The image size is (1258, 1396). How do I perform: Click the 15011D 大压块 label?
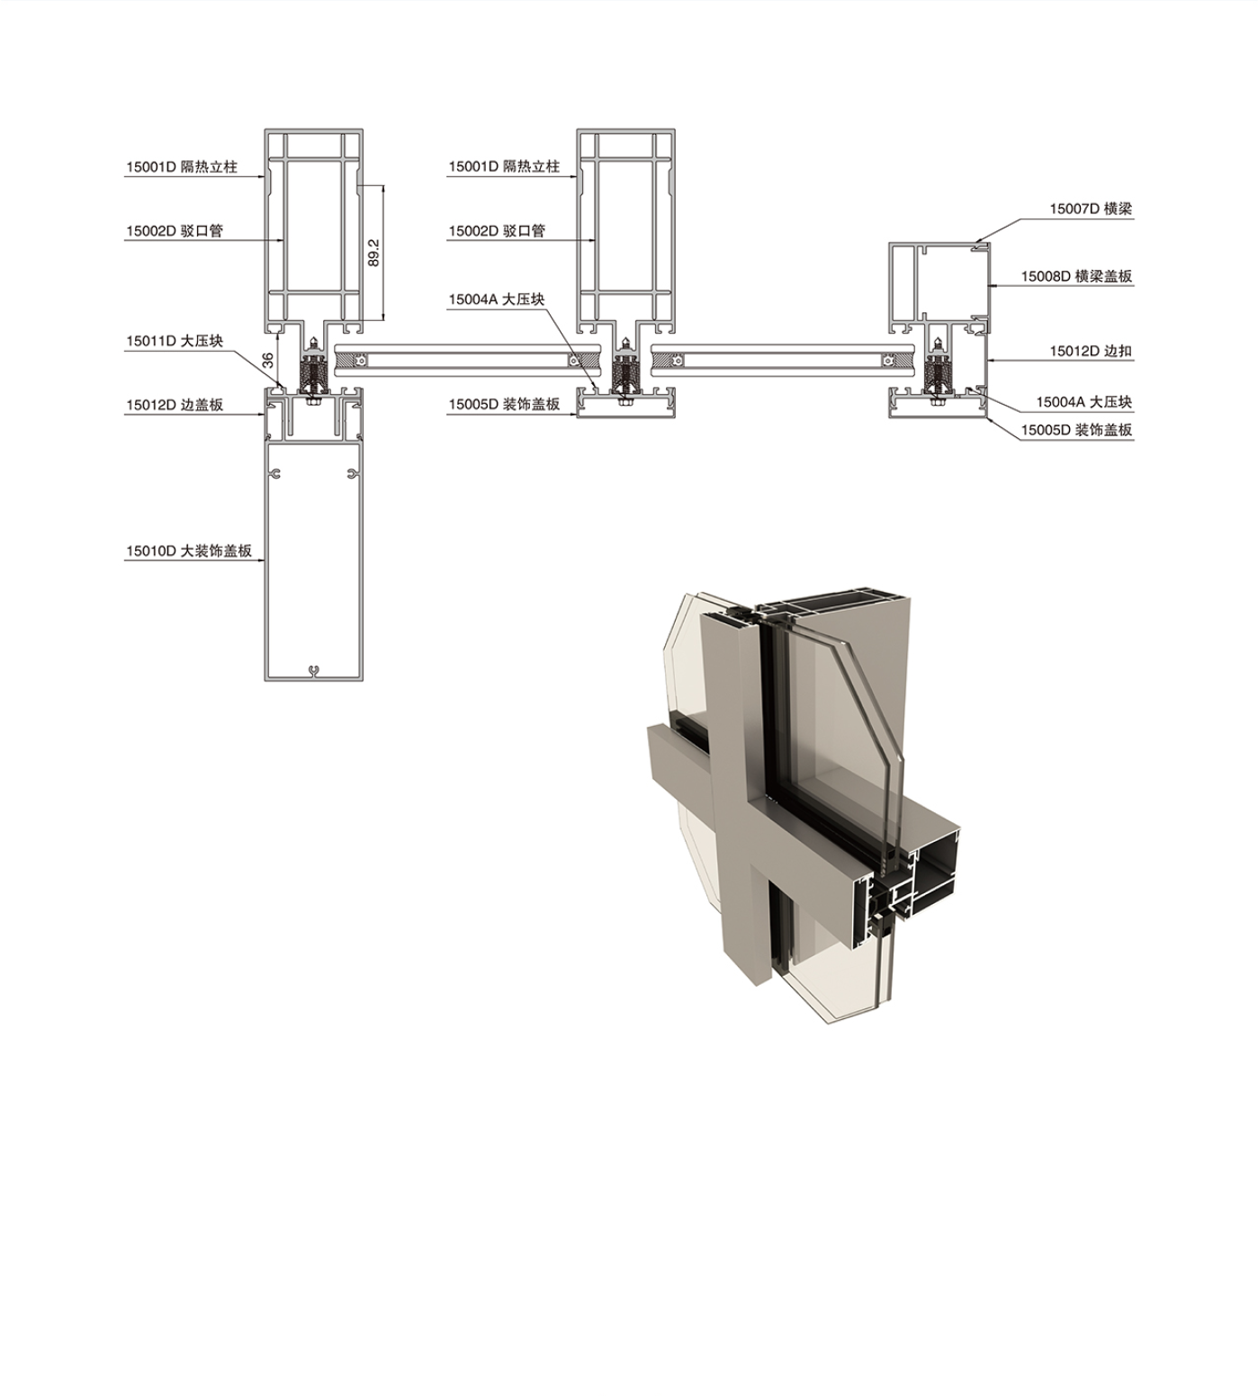[x=175, y=341]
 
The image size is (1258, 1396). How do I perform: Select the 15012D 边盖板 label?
[x=175, y=405]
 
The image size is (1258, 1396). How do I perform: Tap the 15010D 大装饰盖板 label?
[x=189, y=550]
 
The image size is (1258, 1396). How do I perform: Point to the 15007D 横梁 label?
[x=1091, y=209]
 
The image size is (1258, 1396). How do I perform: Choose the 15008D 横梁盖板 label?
[x=1076, y=276]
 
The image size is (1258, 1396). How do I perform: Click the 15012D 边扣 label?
[x=1091, y=351]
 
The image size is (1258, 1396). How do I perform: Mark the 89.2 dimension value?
[x=374, y=253]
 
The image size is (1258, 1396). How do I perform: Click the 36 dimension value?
[x=268, y=360]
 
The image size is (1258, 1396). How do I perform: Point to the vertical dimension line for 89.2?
[x=384, y=253]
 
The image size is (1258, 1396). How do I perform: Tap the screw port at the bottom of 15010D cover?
[x=314, y=670]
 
